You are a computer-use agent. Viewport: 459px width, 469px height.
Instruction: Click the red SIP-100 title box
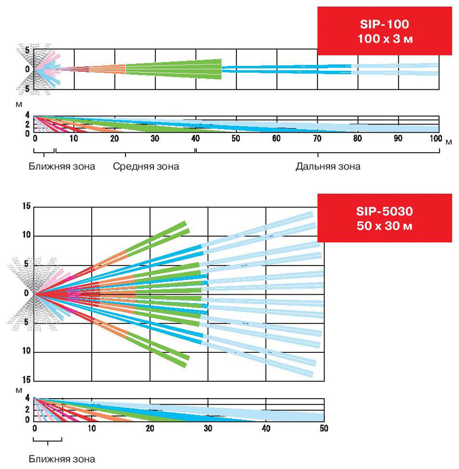(385, 31)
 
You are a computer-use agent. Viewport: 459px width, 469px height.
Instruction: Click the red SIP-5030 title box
(385, 218)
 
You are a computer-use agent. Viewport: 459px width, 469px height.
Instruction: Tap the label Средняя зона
(146, 166)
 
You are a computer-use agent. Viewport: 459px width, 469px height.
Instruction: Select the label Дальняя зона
(328, 166)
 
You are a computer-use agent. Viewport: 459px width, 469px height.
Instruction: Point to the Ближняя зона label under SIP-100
(62, 166)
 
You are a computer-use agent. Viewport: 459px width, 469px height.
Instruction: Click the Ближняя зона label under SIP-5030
(62, 459)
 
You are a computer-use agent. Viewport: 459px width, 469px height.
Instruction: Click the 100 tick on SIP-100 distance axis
(437, 139)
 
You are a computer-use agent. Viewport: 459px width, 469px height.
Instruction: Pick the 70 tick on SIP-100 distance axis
(317, 139)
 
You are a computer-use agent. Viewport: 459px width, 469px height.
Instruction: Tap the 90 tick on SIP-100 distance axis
(398, 139)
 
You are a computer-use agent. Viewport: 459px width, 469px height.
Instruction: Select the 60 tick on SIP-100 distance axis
(276, 139)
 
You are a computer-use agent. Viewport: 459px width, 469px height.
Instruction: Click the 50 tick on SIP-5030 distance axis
(323, 428)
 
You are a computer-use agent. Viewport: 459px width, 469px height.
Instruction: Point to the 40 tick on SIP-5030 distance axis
(266, 428)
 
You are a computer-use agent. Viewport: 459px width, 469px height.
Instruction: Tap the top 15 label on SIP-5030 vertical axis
(26, 206)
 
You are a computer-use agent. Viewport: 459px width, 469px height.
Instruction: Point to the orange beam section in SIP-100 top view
(107, 69)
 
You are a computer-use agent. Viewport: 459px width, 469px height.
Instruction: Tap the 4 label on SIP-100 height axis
(28, 116)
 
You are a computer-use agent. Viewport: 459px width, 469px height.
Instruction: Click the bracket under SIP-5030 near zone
(47, 440)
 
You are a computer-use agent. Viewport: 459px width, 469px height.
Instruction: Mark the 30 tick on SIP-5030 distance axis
(208, 428)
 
